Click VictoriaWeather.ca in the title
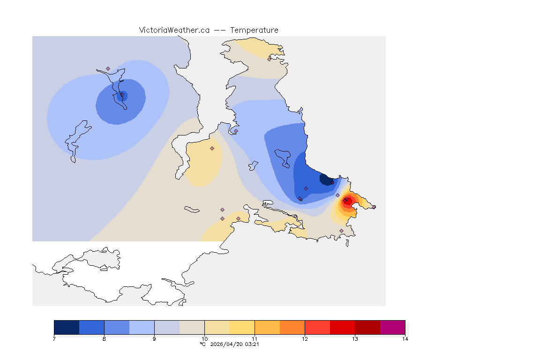(174, 30)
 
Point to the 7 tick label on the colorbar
(54, 339)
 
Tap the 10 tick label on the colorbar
(204, 339)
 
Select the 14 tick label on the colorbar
(405, 339)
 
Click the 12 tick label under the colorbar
(305, 339)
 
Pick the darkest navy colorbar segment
(67, 327)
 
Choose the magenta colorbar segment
(392, 327)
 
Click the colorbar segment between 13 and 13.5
(367, 327)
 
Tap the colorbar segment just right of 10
(217, 327)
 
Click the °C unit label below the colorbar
(202, 344)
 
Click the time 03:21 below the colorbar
(253, 344)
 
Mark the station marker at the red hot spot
(345, 201)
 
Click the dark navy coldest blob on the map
(324, 179)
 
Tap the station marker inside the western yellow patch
(212, 148)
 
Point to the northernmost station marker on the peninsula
(269, 59)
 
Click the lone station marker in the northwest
(108, 68)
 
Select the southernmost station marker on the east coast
(341, 231)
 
